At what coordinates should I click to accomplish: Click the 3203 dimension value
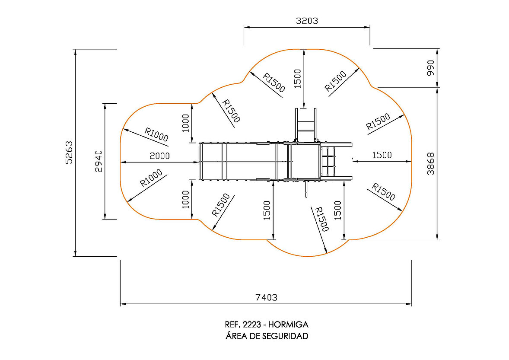click(307, 21)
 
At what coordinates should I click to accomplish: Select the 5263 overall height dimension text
click(69, 152)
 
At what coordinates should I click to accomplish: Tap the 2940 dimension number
click(99, 161)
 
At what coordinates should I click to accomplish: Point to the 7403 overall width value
click(267, 297)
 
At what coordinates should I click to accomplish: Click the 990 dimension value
click(430, 68)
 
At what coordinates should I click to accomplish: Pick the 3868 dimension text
click(430, 164)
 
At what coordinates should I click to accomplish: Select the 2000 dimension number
click(159, 156)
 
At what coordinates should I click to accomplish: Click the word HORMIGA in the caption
click(288, 324)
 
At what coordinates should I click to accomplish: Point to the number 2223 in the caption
click(252, 324)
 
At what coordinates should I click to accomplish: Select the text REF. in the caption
click(232, 324)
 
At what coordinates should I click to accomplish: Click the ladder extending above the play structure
click(305, 125)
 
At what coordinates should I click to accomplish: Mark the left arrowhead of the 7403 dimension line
click(123, 304)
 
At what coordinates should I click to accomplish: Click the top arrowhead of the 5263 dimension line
click(75, 51)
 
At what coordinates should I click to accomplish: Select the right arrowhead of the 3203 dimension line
click(367, 27)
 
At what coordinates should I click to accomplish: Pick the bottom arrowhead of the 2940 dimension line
click(105, 217)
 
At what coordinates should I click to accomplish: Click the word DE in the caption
click(255, 336)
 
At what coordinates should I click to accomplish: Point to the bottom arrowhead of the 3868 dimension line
click(438, 237)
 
